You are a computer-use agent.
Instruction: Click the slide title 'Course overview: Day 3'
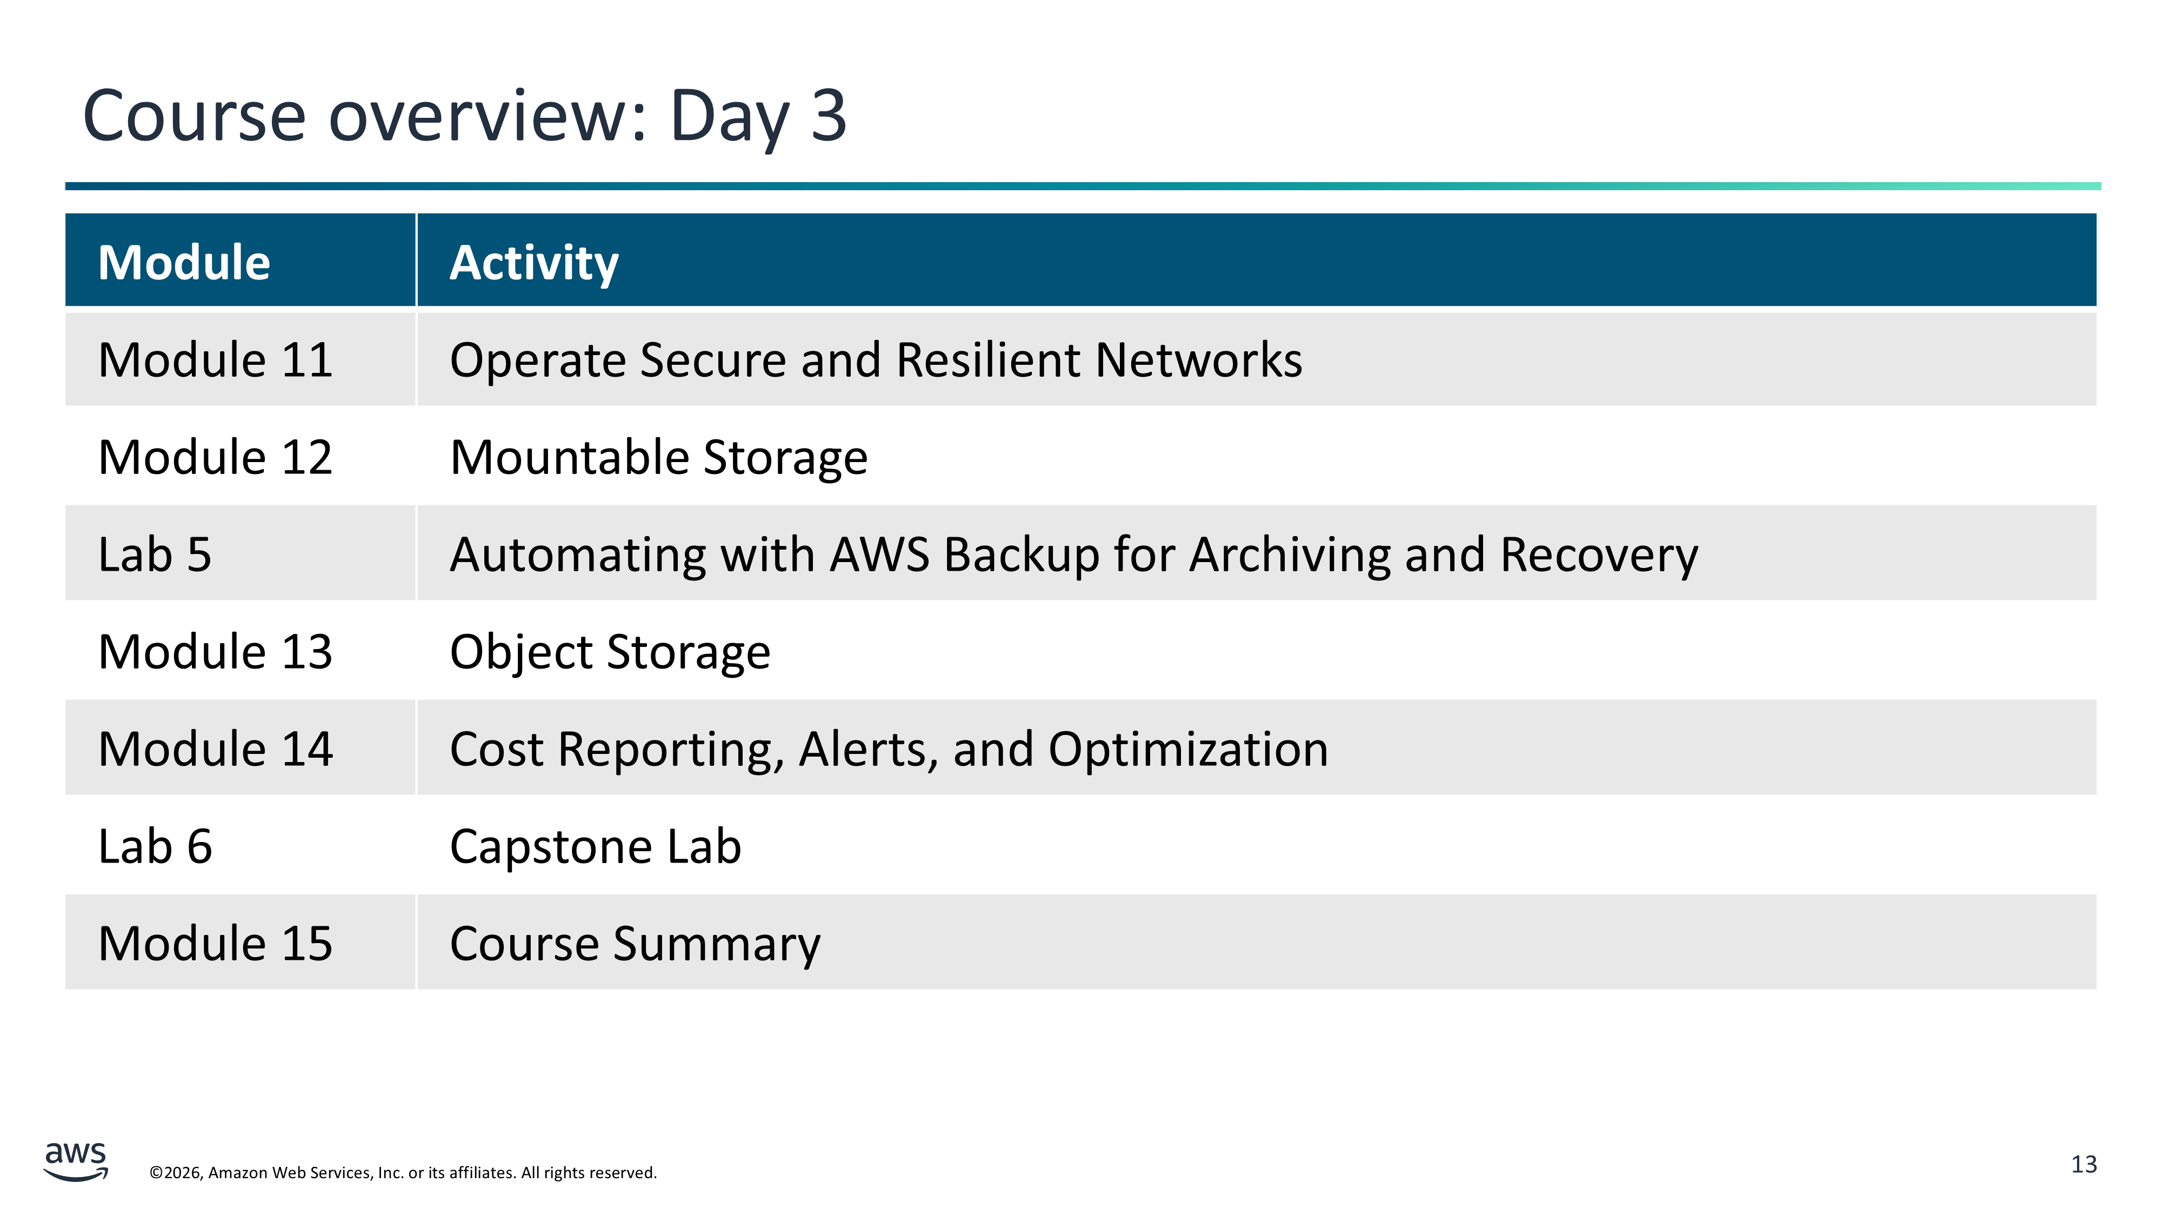pyautogui.click(x=464, y=117)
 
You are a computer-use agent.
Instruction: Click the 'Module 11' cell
pyautogui.click(x=215, y=360)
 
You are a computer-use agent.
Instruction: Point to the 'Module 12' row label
pyautogui.click(x=215, y=457)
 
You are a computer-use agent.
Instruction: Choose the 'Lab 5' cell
pyautogui.click(x=155, y=554)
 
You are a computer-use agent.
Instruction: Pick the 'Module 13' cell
pyautogui.click(x=215, y=652)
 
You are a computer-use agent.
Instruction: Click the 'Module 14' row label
pyautogui.click(x=215, y=750)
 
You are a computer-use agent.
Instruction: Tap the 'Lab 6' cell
pyautogui.click(x=155, y=847)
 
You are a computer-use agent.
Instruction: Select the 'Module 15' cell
pyautogui.click(x=215, y=944)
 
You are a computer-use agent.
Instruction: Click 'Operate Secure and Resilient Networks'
pyautogui.click(x=876, y=361)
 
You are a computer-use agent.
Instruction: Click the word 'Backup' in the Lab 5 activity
pyautogui.click(x=1022, y=556)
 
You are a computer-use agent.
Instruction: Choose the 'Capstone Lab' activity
pyautogui.click(x=596, y=847)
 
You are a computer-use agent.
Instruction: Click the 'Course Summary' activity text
pyautogui.click(x=635, y=945)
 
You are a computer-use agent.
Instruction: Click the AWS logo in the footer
pyautogui.click(x=76, y=1161)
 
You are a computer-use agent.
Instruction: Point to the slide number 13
pyautogui.click(x=2084, y=1165)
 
